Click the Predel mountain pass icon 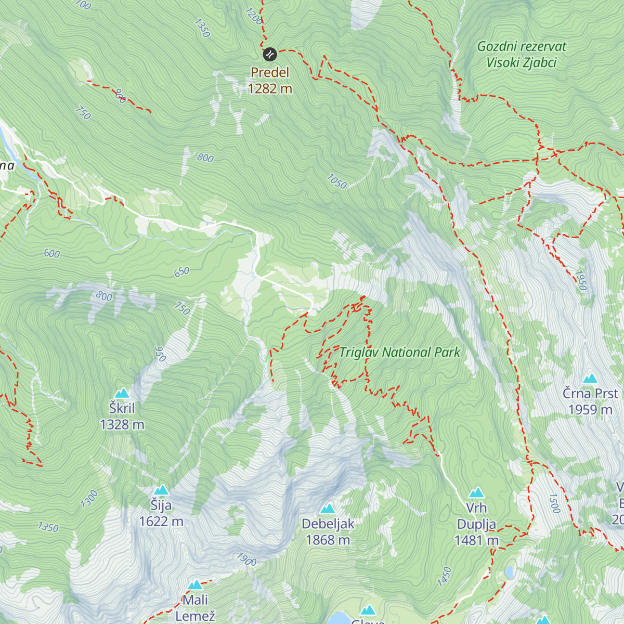pos(269,54)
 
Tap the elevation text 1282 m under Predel pos(270,89)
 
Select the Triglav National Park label pos(399,353)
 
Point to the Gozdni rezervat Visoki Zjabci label pos(522,55)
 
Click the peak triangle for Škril pos(122,393)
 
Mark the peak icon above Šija pos(161,490)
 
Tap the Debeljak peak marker pos(328,509)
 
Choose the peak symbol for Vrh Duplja pos(476,493)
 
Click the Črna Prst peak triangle pos(590,379)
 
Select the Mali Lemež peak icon pos(195,585)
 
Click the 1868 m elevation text pos(328,540)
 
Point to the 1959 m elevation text pos(590,410)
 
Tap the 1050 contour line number pos(336,181)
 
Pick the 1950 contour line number pos(581,281)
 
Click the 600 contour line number pos(52,254)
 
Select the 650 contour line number pos(181,272)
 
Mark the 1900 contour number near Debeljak pos(246,560)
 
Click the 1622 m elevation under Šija pos(161,522)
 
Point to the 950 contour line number pos(160,354)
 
